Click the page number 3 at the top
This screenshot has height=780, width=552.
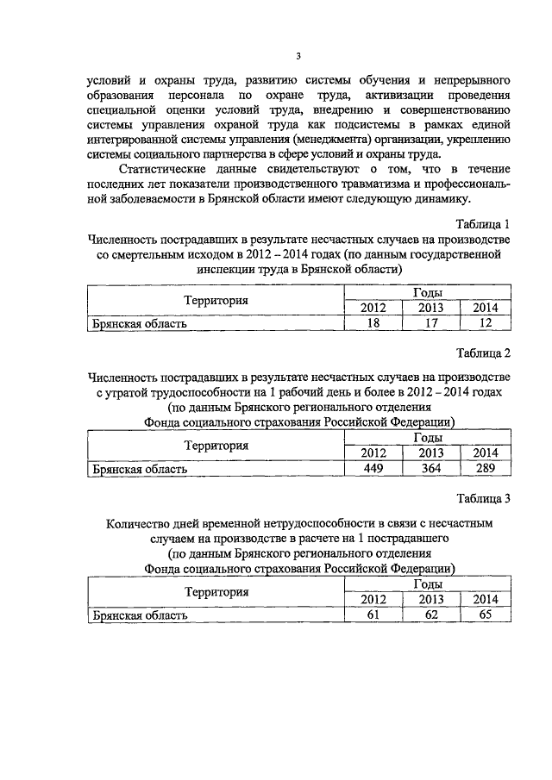(298, 57)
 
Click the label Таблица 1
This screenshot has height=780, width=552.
(485, 224)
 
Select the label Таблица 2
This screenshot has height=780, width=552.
(485, 353)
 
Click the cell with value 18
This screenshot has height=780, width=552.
(373, 324)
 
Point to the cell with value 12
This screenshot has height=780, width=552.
(485, 324)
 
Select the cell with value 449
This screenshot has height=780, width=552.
(373, 469)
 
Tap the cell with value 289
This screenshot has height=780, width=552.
(485, 469)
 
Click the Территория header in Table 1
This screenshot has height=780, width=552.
(216, 301)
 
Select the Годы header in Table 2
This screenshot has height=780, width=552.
(429, 439)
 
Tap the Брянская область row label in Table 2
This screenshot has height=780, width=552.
(139, 469)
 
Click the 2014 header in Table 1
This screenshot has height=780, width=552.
(485, 309)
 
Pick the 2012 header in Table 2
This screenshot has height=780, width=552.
(373, 453)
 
